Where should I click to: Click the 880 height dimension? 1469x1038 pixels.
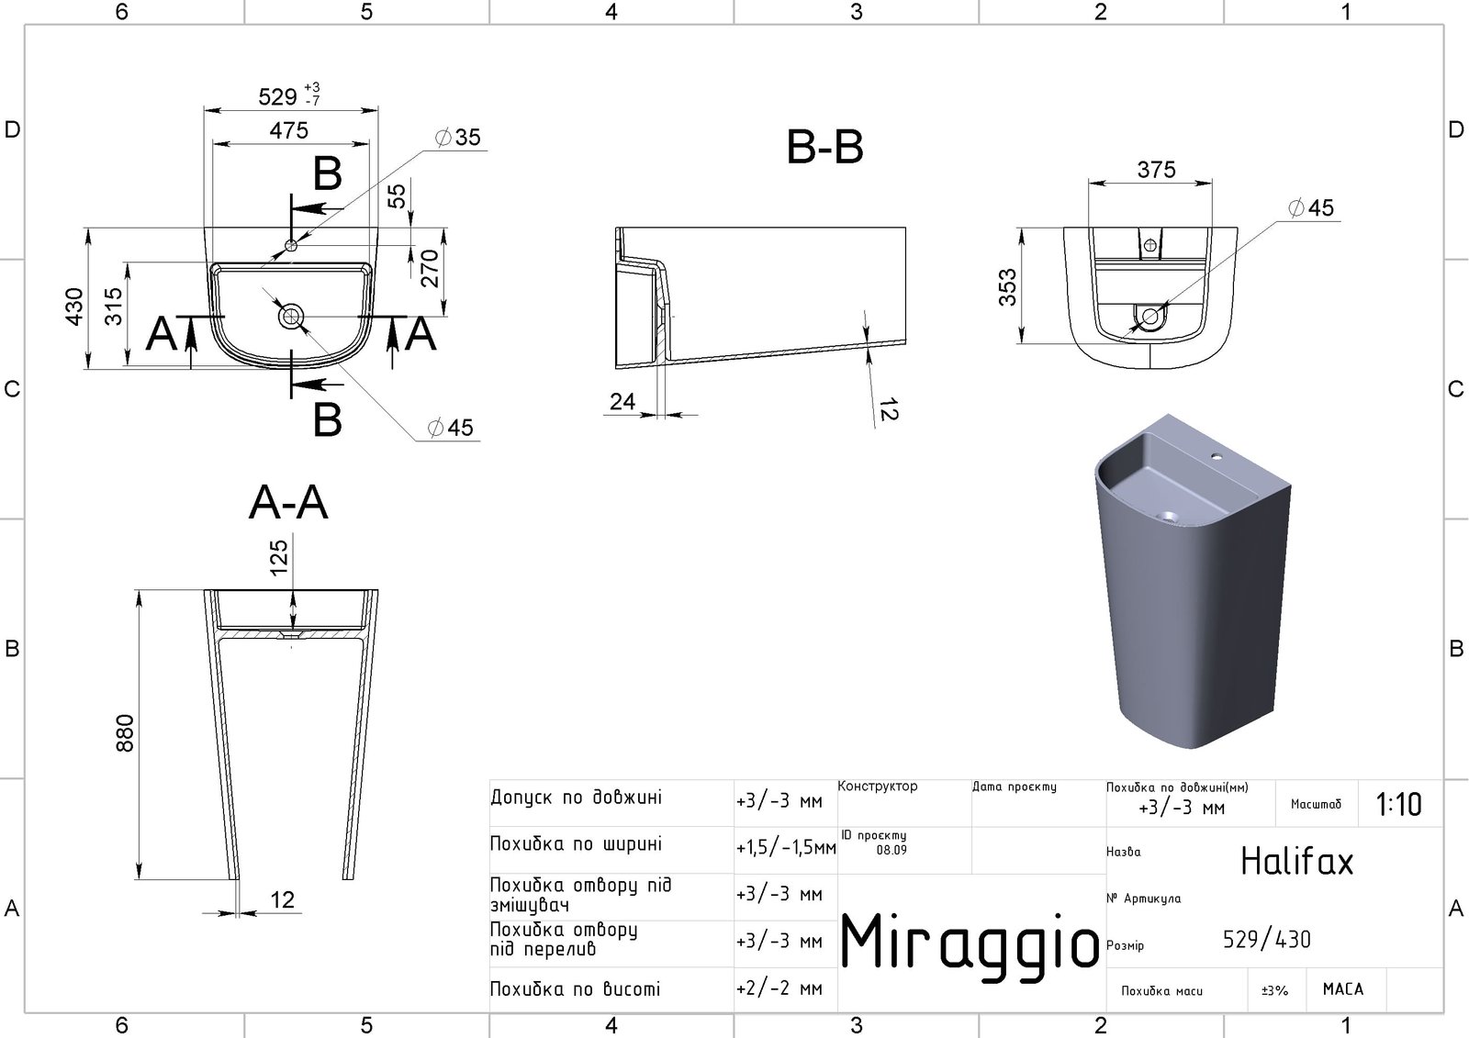pyautogui.click(x=125, y=733)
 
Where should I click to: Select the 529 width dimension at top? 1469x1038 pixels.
pyautogui.click(x=278, y=97)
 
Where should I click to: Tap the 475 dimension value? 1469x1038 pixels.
pyautogui.click(x=288, y=130)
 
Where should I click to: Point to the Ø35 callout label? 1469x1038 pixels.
pyautogui.click(x=458, y=137)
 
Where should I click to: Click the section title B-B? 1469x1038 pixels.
pyautogui.click(x=824, y=147)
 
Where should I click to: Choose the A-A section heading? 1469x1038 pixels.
pyautogui.click(x=288, y=503)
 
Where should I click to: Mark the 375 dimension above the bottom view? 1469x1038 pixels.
pyautogui.click(x=1156, y=170)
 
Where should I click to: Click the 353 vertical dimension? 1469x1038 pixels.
pyautogui.click(x=1007, y=286)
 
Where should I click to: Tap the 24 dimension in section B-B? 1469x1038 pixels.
pyautogui.click(x=622, y=401)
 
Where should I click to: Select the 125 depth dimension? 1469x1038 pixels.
pyautogui.click(x=279, y=557)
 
